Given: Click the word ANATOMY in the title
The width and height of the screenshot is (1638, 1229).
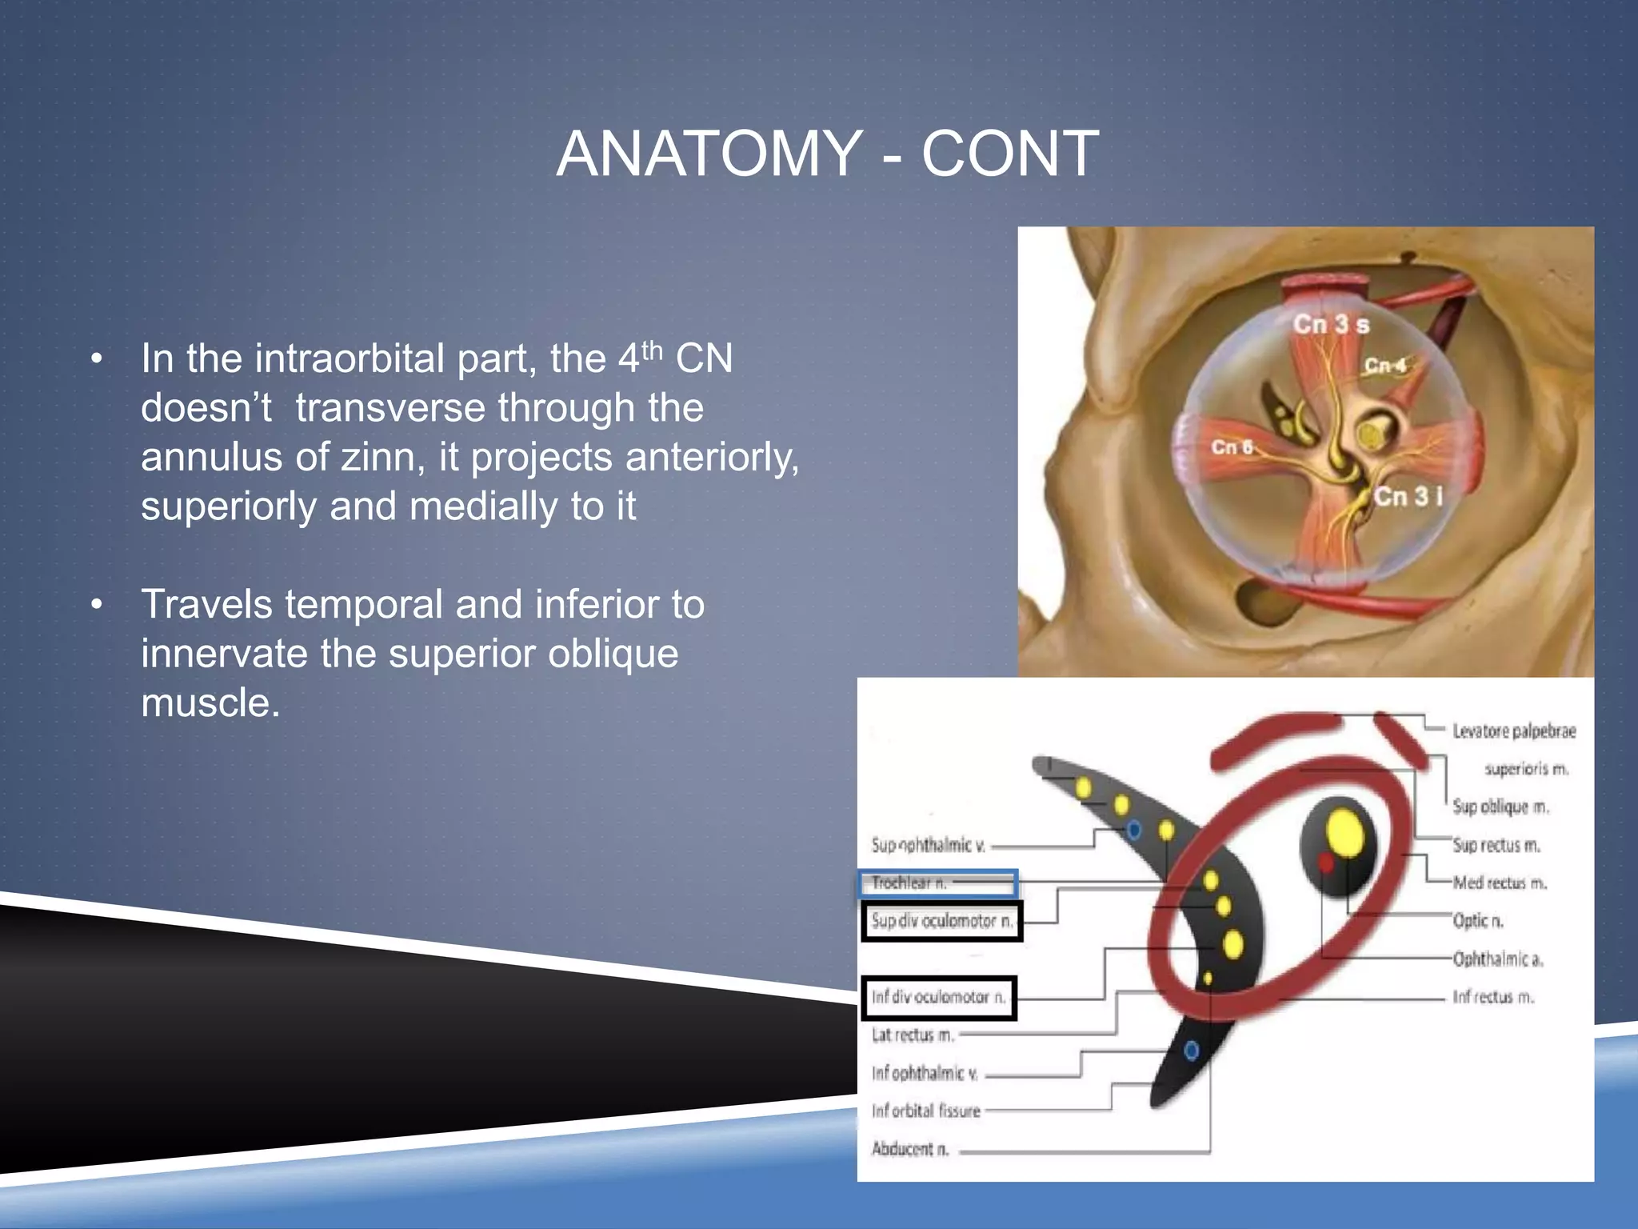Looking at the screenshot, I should pos(709,154).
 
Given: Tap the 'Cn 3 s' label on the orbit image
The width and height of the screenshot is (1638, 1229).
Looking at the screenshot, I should pos(1331,324).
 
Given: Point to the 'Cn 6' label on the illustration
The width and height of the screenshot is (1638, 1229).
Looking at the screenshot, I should pos(1232,446).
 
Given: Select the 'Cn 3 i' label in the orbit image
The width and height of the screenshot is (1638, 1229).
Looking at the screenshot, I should pos(1408,496).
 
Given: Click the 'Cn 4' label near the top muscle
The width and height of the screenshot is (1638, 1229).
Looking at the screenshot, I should pos(1384,366).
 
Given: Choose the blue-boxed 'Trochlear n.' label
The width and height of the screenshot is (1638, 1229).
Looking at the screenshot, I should pos(909,883).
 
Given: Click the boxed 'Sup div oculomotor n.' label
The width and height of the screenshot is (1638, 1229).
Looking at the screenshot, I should pos(941,921).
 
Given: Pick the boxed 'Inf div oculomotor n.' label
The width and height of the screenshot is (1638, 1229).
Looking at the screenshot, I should pos(938,997).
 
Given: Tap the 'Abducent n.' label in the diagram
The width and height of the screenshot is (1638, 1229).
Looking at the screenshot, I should pos(909,1149).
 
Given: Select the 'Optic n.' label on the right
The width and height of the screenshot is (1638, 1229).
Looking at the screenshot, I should pos(1478,921).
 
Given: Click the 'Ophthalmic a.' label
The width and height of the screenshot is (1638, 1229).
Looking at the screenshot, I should pos(1497,959).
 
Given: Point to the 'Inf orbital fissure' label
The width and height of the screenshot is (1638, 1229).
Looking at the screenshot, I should pos(925,1111).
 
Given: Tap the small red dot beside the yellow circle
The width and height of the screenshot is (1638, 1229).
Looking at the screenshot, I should pos(1325,863).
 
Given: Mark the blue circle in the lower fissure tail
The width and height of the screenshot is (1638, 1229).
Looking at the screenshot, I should pos(1191,1050).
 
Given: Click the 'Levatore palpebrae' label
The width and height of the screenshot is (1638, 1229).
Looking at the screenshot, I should pos(1514,731).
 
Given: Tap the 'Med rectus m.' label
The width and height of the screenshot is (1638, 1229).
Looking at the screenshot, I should pos(1500,883).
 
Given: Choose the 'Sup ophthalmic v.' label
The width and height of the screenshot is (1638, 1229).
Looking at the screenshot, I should pos(928,845).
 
